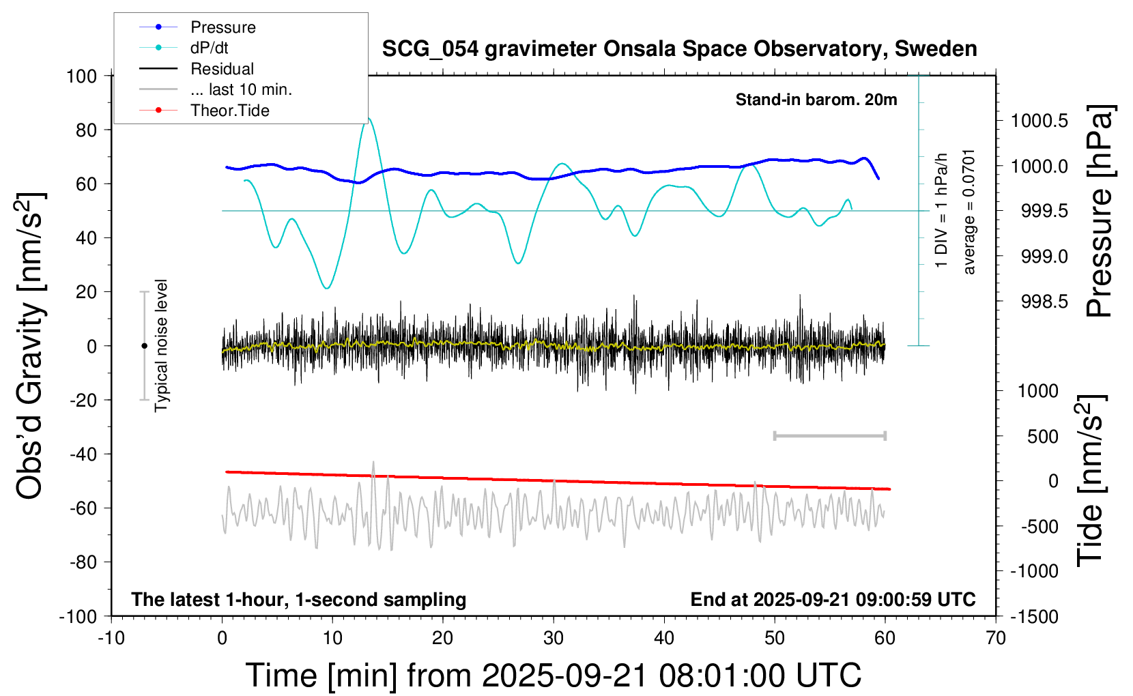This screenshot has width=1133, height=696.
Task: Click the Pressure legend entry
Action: pos(223,27)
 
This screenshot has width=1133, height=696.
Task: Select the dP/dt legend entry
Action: pos(209,48)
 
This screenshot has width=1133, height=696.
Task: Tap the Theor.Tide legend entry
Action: pos(229,111)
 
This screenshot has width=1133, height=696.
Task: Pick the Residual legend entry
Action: pos(222,69)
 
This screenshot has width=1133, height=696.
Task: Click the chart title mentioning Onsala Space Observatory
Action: pos(679,49)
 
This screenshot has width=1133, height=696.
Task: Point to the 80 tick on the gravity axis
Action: pos(86,130)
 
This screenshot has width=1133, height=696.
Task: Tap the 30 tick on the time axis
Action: pos(553,639)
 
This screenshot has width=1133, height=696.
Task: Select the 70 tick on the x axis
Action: pos(995,639)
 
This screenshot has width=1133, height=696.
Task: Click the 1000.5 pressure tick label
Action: pos(1039,121)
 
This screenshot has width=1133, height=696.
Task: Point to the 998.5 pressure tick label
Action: pos(1044,302)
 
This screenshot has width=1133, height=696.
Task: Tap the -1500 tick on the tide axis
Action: pos(1034,617)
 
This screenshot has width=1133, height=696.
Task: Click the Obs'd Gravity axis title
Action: pos(31,346)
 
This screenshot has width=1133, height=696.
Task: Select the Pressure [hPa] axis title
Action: pos(1100,211)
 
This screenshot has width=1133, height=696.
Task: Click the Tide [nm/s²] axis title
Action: pos(1090,480)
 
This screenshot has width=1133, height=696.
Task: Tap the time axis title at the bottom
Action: pos(553,676)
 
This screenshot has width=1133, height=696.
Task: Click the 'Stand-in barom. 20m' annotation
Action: pos(816,100)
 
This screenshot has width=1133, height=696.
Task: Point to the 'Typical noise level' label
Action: pos(161,346)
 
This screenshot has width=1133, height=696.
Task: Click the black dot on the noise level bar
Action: pos(144,346)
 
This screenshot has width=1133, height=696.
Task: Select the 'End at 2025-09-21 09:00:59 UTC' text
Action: pos(833,600)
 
